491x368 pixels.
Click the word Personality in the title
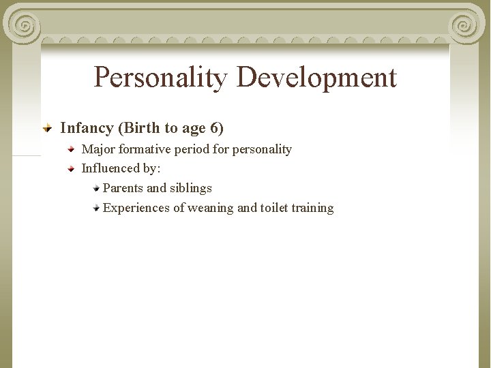pyautogui.click(x=161, y=78)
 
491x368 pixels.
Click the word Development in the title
pyautogui.click(x=316, y=78)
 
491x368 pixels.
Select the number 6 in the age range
pyautogui.click(x=214, y=127)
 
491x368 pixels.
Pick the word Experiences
pyautogui.click(x=136, y=208)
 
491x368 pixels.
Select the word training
pyautogui.click(x=312, y=208)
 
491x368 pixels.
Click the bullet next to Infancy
pyautogui.click(x=48, y=127)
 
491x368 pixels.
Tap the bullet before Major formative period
pyautogui.click(x=72, y=148)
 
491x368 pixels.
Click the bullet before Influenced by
pyautogui.click(x=72, y=168)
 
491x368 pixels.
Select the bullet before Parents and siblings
pyautogui.click(x=97, y=187)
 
